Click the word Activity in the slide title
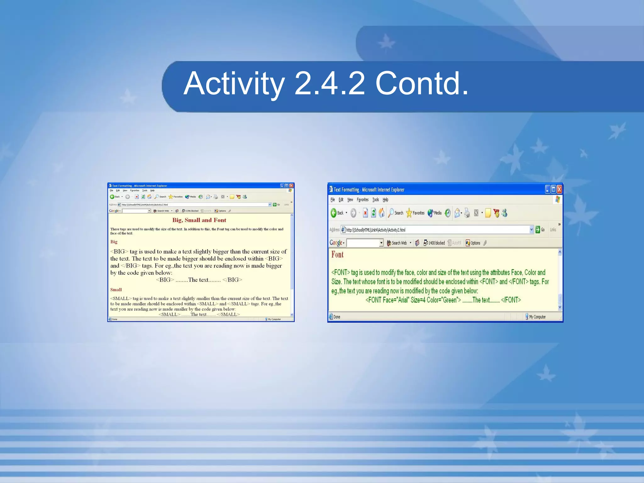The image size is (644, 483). tap(234, 84)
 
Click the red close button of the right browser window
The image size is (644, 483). tap(559, 189)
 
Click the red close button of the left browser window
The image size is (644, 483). tap(291, 186)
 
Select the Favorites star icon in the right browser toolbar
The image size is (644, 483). tap(409, 213)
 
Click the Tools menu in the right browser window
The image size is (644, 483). tap(375, 200)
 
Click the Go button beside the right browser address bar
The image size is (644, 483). tap(540, 230)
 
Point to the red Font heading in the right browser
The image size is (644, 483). tap(337, 255)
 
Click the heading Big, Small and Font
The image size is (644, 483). tap(199, 220)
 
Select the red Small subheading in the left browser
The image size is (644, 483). tap(116, 290)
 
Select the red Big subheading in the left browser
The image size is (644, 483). tap(114, 242)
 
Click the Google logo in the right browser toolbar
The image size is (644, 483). tap(336, 243)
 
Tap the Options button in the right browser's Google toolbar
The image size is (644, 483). tap(473, 243)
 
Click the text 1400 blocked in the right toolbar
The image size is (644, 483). tap(436, 243)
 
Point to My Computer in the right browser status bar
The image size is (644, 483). tap(537, 317)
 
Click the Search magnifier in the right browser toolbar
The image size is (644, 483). tap(391, 213)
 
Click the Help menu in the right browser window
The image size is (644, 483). tap(386, 200)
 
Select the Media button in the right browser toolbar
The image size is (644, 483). tap(434, 213)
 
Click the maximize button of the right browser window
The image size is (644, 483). tap(553, 189)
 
